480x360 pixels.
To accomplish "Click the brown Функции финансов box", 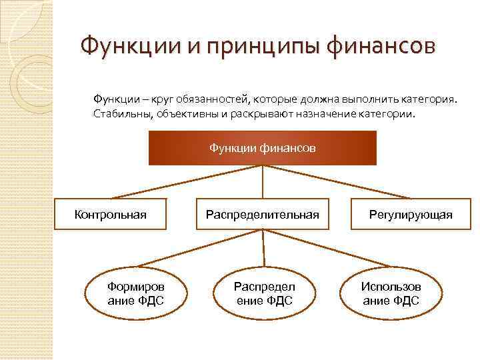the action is pyautogui.click(x=262, y=147).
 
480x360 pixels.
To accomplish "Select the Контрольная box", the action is pyautogui.click(x=110, y=214).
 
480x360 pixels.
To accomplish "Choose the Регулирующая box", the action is pyautogui.click(x=411, y=214).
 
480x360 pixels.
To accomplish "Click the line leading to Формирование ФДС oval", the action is pyautogui.click(x=200, y=247).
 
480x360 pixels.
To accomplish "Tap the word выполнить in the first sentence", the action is pyautogui.click(x=371, y=99).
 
